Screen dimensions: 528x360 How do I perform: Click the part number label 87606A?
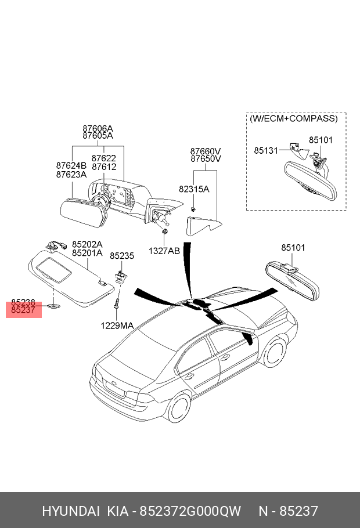click(98, 128)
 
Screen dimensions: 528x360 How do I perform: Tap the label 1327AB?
click(164, 251)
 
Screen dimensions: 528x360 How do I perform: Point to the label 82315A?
click(194, 189)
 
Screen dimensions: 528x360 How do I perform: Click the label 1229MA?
click(117, 326)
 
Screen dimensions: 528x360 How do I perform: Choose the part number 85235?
click(122, 255)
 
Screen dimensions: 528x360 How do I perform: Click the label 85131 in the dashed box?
click(267, 150)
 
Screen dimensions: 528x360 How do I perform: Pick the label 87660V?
click(206, 150)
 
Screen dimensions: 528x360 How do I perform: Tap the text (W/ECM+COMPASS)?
click(293, 118)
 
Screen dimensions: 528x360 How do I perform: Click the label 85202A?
click(87, 245)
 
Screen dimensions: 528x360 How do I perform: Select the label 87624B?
click(71, 165)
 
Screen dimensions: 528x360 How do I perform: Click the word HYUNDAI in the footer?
click(70, 511)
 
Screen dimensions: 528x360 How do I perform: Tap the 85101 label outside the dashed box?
click(293, 248)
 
